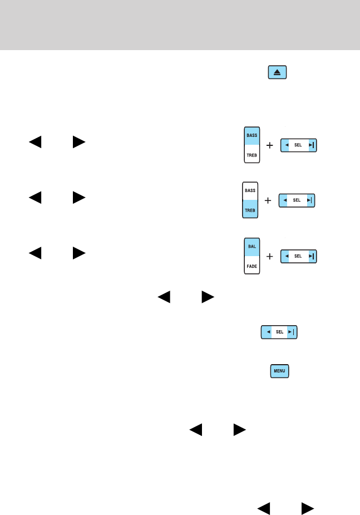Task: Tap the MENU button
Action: point(279,371)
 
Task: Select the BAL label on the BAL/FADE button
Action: point(251,246)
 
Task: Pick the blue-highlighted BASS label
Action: point(251,135)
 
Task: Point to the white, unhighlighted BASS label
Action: point(249,190)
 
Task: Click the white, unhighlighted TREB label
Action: point(251,155)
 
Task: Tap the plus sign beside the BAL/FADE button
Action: point(270,256)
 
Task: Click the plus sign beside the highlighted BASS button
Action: point(270,145)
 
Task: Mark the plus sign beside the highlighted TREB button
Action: point(268,200)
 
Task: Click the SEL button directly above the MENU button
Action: point(279,332)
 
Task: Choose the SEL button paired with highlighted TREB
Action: point(297,200)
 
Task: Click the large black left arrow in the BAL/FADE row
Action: point(35,253)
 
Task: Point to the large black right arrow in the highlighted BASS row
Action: point(78,142)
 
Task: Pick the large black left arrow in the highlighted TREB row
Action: point(35,198)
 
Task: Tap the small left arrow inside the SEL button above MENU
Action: point(268,332)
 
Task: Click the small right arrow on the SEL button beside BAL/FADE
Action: point(312,256)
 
